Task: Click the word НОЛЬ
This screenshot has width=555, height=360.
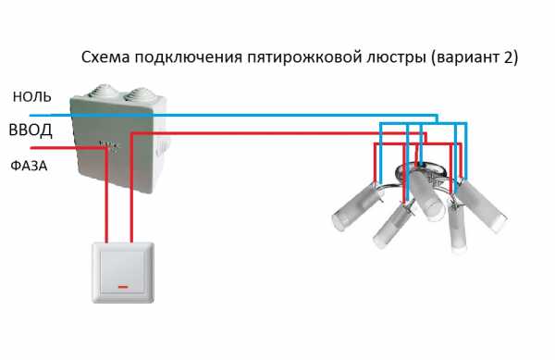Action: (31, 96)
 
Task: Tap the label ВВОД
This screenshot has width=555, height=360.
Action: (31, 130)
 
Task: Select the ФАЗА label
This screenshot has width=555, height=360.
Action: (29, 166)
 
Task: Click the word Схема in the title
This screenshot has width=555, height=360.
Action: (105, 57)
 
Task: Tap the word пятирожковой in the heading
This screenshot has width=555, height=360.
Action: (304, 57)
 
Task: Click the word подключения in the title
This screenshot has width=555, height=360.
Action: (188, 57)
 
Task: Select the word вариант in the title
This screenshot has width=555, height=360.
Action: (467, 57)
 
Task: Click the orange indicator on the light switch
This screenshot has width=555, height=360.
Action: (123, 287)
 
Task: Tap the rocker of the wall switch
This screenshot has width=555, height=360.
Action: (123, 272)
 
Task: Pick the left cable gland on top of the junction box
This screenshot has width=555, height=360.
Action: (104, 91)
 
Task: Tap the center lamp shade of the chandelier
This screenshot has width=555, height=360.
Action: (427, 195)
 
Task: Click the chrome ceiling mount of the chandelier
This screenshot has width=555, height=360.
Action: (419, 170)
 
